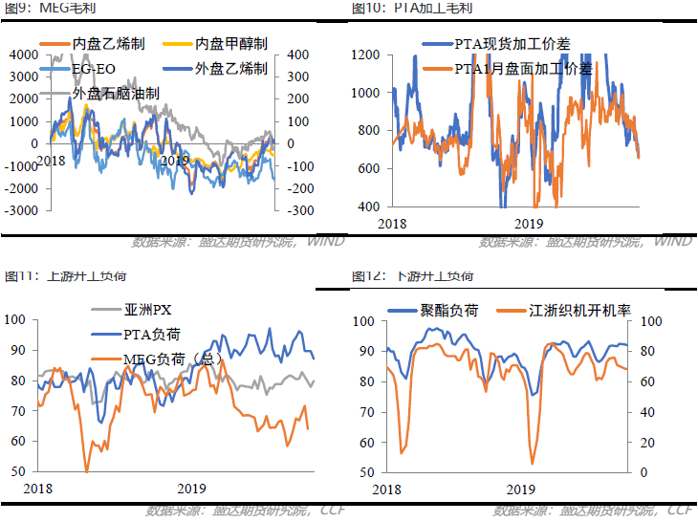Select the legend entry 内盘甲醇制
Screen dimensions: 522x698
coord(230,44)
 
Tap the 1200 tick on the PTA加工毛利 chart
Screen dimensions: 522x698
coord(365,54)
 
